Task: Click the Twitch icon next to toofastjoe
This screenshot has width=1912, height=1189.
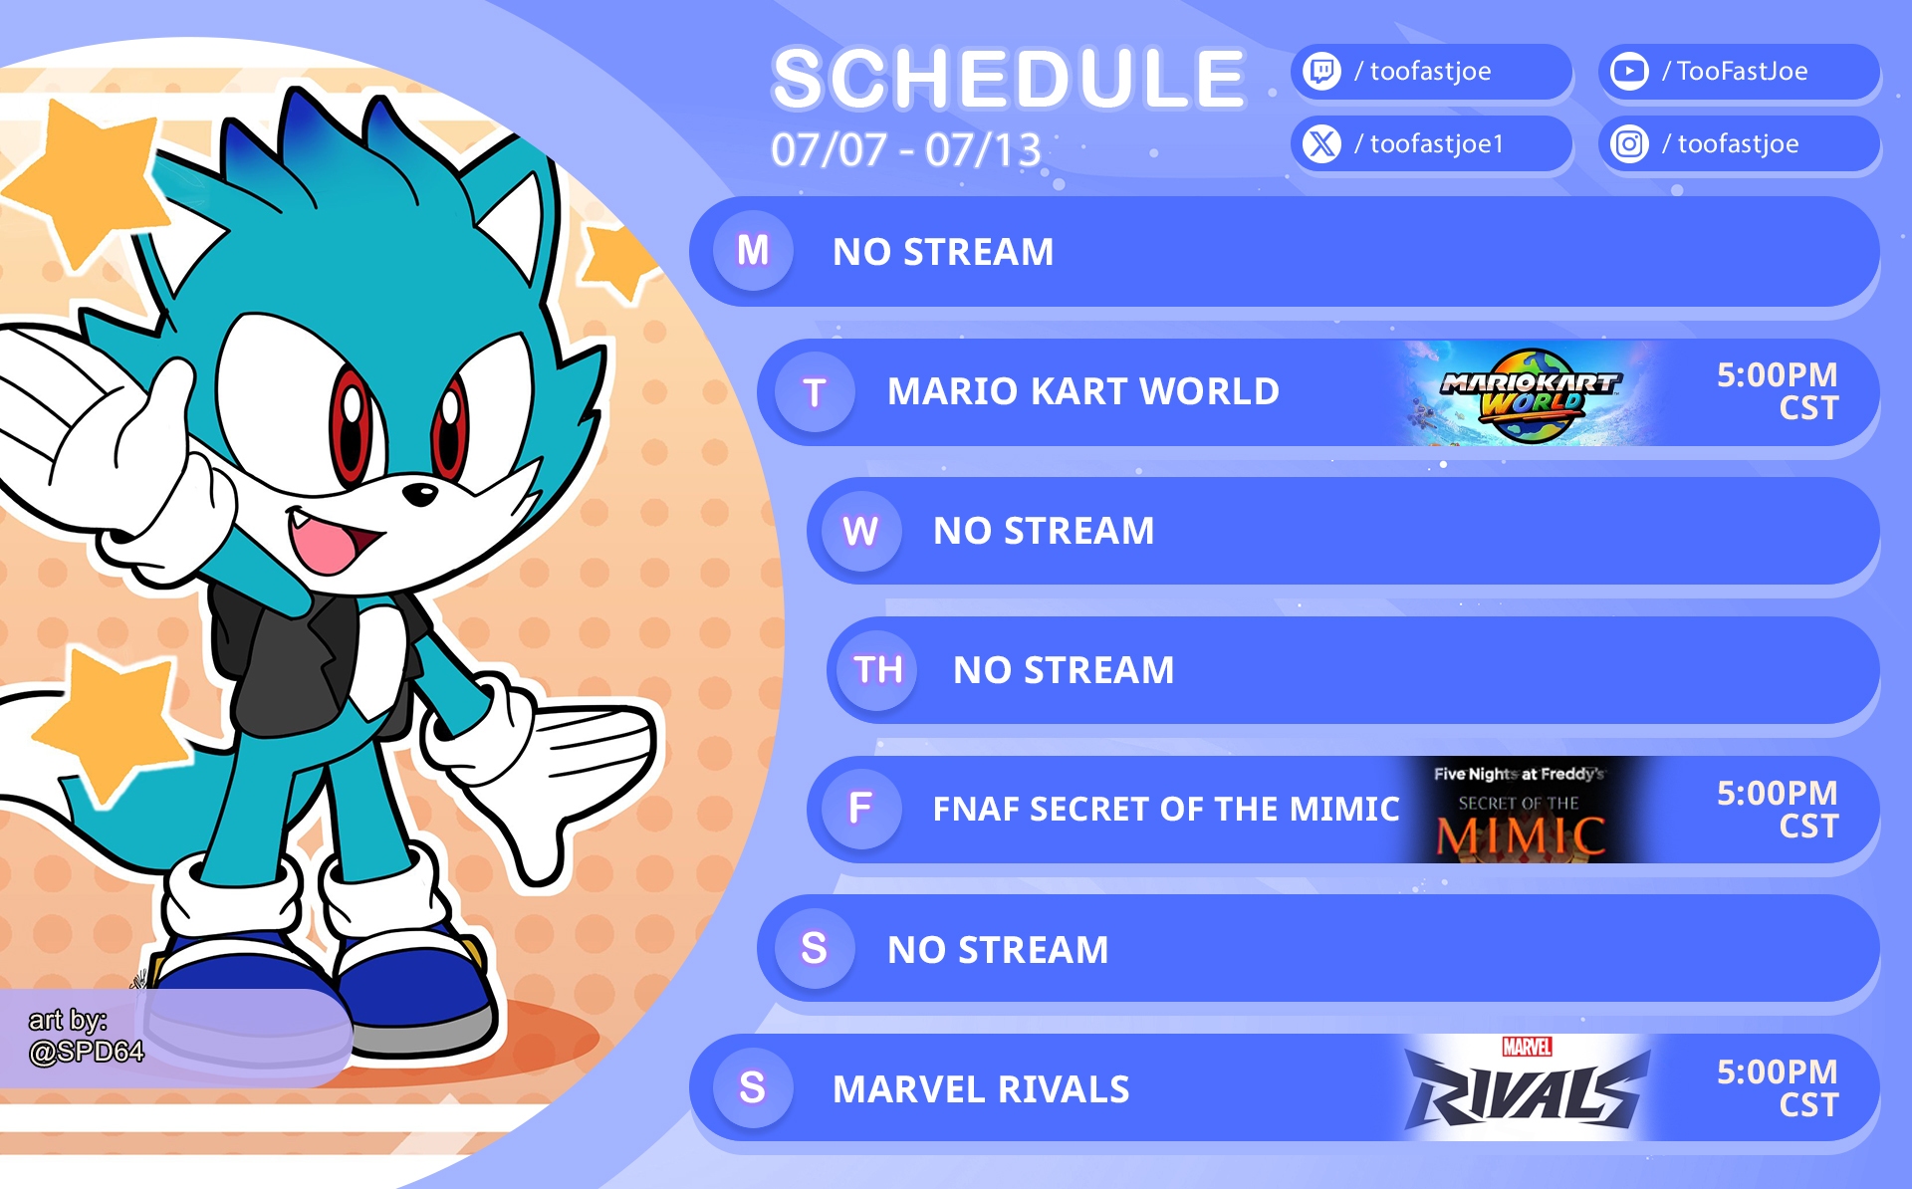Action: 1321,72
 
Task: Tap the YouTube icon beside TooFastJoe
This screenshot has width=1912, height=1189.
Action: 1629,72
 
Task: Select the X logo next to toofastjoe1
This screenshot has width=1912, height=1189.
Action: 1321,144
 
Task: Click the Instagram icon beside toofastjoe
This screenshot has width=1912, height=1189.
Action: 1629,144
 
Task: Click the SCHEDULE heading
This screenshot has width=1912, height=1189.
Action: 1009,79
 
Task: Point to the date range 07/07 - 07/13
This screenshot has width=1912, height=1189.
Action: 906,150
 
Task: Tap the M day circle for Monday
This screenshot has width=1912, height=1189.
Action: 753,251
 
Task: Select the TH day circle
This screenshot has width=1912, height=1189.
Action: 877,670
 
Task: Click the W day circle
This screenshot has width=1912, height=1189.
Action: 860,531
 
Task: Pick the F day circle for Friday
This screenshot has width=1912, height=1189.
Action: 860,809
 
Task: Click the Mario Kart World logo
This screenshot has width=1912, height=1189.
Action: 1530,393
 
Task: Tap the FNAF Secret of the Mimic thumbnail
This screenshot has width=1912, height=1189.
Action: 1520,810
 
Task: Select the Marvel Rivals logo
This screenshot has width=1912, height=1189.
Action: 1527,1087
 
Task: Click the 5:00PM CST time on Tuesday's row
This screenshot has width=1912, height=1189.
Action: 1778,391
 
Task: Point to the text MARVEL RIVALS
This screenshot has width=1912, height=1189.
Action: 981,1089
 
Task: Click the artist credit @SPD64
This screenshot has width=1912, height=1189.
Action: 87,1052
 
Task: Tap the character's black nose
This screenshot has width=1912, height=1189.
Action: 421,492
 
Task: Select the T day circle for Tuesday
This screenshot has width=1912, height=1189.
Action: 815,392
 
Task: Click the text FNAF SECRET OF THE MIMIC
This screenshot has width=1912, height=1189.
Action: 1166,810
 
